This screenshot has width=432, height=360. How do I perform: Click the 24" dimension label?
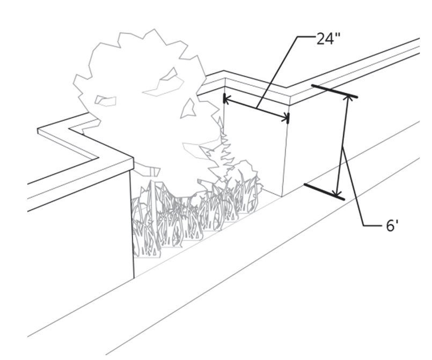pos(328,40)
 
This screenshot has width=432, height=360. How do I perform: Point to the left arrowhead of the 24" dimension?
pos(225,99)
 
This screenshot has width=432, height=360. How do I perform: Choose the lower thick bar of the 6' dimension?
pos(324,192)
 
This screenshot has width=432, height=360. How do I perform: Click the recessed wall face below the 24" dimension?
pos(255,150)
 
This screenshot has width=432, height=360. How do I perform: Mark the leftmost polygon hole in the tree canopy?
pos(105,100)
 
